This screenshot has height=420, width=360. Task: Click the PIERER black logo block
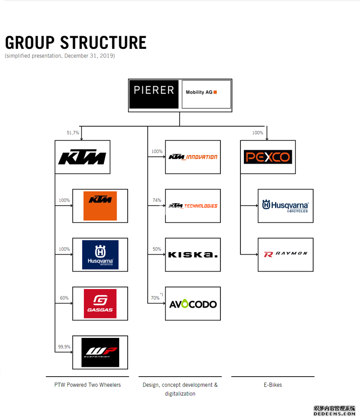pos(154,94)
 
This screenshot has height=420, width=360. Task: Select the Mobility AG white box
pos(206,94)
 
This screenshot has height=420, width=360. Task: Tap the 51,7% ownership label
pos(73,133)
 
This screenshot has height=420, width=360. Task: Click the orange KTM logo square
pos(100,206)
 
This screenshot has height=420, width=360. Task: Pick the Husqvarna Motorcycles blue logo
pos(100,255)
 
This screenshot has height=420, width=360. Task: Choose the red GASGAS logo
pos(100,304)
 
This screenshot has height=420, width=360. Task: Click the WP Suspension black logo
pos(100,352)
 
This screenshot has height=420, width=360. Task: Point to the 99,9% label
pos(64,347)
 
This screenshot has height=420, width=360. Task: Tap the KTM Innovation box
pos(193,157)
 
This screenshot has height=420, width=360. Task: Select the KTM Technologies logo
pos(193,206)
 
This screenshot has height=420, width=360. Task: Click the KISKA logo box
pos(193,255)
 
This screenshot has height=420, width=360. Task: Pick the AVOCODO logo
pos(193,304)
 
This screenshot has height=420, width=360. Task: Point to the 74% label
pos(157,200)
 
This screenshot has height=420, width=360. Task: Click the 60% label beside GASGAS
pos(64,298)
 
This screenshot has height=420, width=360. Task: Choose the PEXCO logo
pos(268,157)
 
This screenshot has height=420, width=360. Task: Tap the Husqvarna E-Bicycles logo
pos(286,206)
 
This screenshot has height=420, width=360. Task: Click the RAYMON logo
pos(286,254)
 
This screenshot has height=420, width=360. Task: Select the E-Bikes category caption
pos(273,385)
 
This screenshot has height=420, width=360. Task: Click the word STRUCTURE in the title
pos(103,43)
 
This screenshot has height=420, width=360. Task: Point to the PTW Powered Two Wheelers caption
pos(88,385)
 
